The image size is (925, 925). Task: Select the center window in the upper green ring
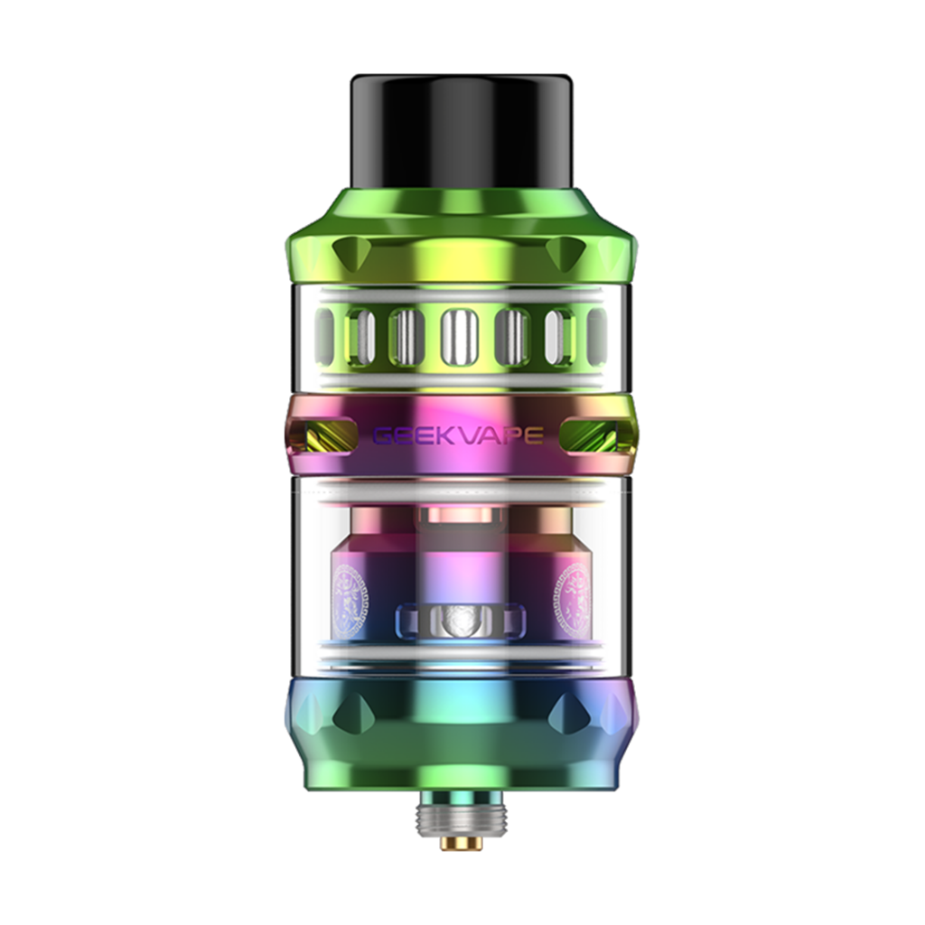click(458, 337)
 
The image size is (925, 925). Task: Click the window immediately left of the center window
click(406, 337)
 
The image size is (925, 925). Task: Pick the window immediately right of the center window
click(511, 337)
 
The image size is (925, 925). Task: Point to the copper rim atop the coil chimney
click(461, 514)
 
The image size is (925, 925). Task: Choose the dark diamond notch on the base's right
click(570, 715)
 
